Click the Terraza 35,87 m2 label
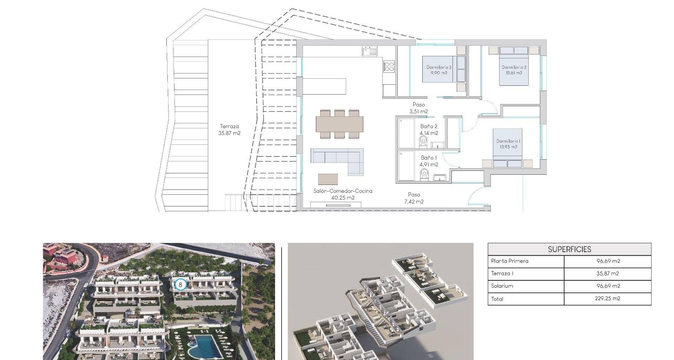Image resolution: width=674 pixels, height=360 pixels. point(229,130)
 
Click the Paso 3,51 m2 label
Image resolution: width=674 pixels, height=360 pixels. point(419,108)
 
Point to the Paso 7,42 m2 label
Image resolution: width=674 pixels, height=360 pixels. point(414,198)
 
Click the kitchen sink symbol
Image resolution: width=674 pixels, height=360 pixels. point(370,51)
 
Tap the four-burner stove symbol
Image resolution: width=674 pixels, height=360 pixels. point(389,67)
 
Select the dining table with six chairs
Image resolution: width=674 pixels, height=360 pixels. point(339,124)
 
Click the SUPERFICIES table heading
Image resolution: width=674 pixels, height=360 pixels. point(569,249)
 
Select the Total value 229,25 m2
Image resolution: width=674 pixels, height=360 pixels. point(608,298)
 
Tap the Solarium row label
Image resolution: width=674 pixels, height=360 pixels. point(502,286)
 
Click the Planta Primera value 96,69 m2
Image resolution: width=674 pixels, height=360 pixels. point(608,261)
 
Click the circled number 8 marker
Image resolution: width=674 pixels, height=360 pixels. point(180,284)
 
